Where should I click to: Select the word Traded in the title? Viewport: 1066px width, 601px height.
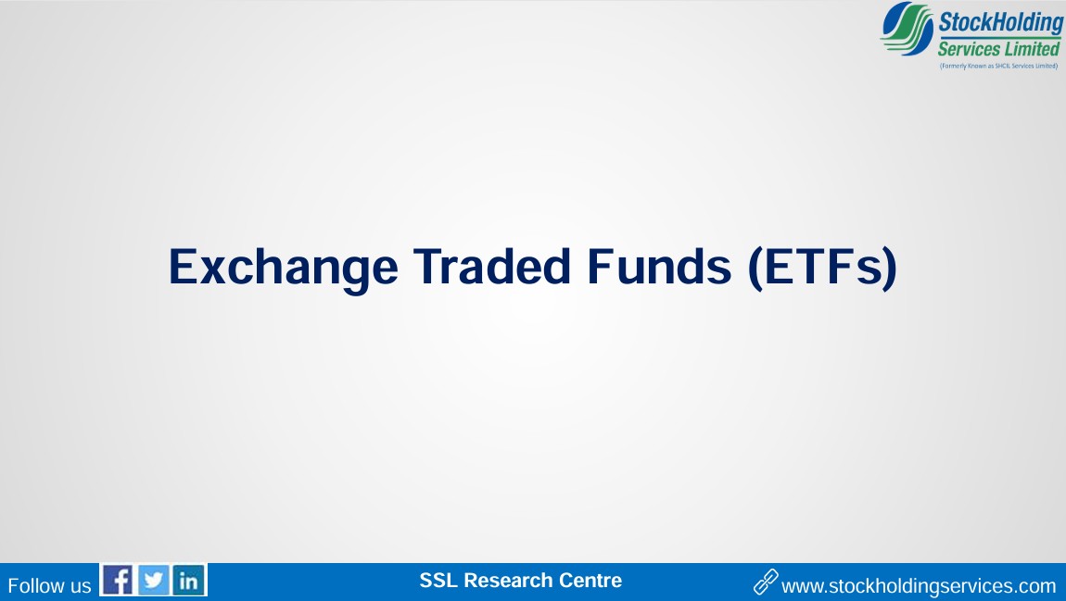pyautogui.click(x=491, y=266)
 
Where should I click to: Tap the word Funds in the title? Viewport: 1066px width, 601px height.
pyautogui.click(x=659, y=266)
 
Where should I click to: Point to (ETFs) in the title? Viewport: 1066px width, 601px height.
pyautogui.click(x=822, y=269)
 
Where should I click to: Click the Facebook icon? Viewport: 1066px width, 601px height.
pyautogui.click(x=118, y=581)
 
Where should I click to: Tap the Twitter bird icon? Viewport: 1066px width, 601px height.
pyautogui.click(x=154, y=581)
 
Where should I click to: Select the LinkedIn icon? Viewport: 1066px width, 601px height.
pyautogui.click(x=189, y=581)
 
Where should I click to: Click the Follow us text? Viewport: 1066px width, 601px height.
pyautogui.click(x=49, y=586)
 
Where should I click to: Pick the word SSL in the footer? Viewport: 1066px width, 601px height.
pyautogui.click(x=438, y=581)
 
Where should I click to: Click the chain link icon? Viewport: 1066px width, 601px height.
pyautogui.click(x=766, y=582)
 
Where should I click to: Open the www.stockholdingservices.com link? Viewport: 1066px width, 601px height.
pyautogui.click(x=920, y=586)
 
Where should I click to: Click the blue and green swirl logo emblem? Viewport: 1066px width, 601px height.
pyautogui.click(x=907, y=29)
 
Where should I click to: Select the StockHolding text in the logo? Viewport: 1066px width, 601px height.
pyautogui.click(x=1001, y=23)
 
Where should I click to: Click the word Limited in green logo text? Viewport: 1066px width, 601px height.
pyautogui.click(x=1033, y=49)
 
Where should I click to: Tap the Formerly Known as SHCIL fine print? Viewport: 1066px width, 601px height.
pyautogui.click(x=998, y=66)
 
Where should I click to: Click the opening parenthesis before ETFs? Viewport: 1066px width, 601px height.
pyautogui.click(x=755, y=269)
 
